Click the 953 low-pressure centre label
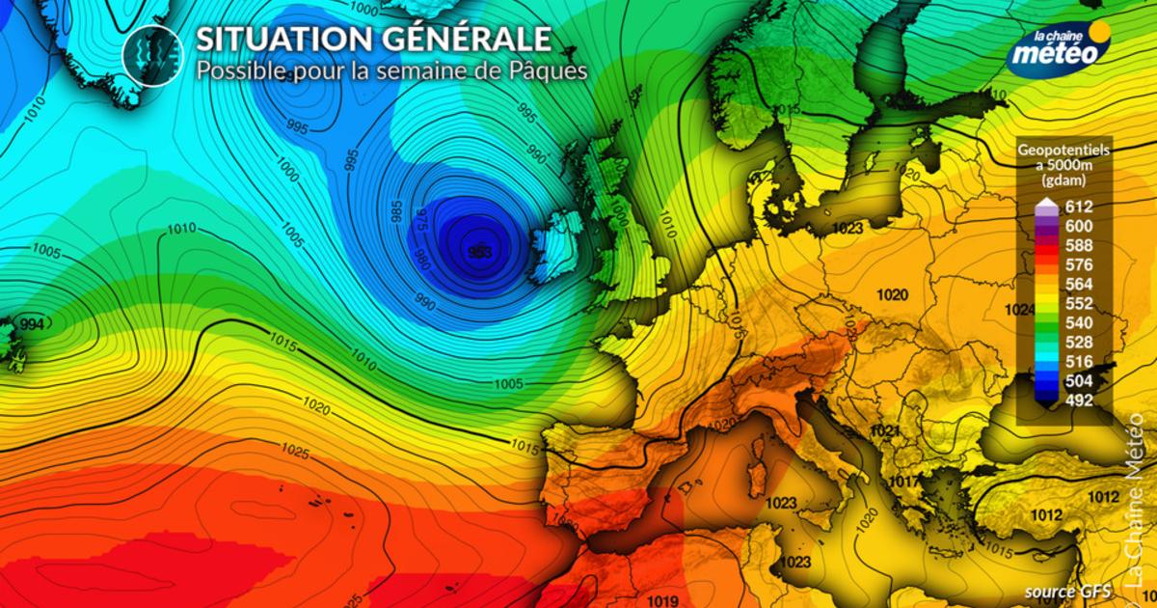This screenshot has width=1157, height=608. pos(479,251)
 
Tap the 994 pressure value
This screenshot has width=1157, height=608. pos(32,324)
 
